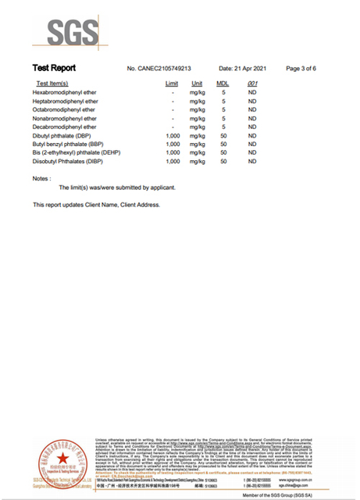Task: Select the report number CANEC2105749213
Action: point(159,70)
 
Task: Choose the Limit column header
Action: point(172,84)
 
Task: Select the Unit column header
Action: point(197,84)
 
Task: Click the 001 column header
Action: point(252,84)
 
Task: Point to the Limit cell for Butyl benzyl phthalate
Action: point(173,145)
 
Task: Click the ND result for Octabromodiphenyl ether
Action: point(252,110)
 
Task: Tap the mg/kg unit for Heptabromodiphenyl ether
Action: point(198,101)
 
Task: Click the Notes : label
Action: point(42,179)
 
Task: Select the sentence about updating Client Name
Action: point(96,205)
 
